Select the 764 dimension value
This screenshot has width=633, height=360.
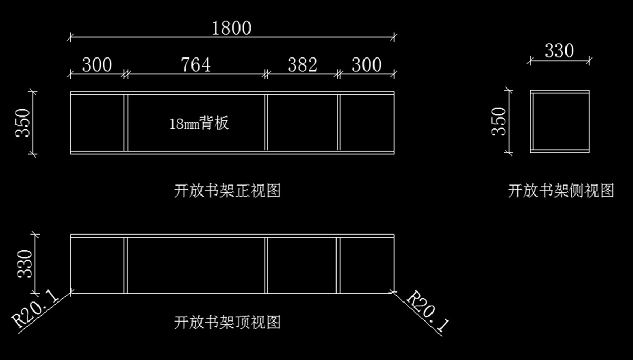tap(196, 65)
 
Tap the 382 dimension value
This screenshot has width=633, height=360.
tap(302, 65)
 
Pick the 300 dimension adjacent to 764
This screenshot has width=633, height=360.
tap(97, 65)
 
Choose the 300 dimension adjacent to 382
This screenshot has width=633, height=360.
tap(367, 65)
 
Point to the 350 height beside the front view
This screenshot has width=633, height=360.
tap(23, 123)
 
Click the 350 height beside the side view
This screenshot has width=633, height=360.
tap(499, 121)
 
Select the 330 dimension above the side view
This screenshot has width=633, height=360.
tap(559, 51)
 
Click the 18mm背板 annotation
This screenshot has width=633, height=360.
tap(199, 124)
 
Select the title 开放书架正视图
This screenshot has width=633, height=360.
tap(227, 190)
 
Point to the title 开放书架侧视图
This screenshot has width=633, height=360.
tap(561, 190)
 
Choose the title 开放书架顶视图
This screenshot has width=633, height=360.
tap(227, 322)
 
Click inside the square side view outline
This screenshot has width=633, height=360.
tap(559, 122)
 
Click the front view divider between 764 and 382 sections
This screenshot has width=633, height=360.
tap(266, 123)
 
